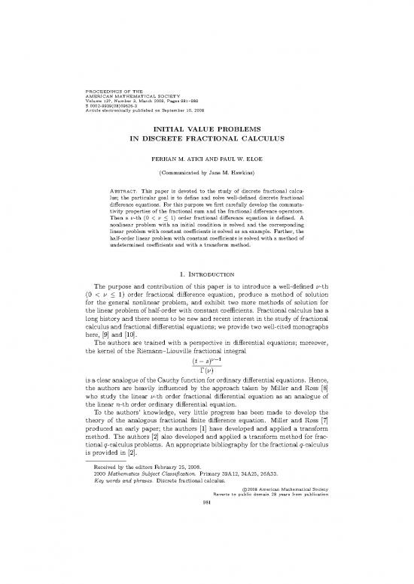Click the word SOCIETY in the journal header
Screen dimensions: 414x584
click(177, 100)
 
